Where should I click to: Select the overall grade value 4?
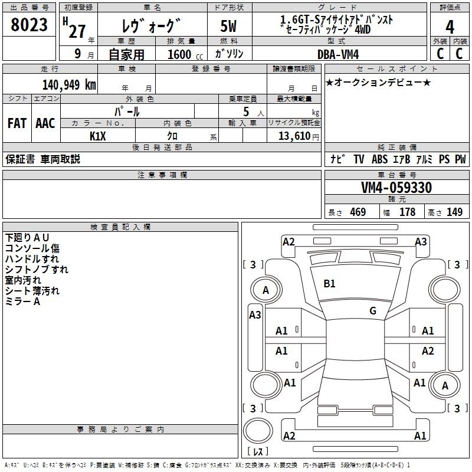click(450, 27)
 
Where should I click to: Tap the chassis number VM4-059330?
click(396, 188)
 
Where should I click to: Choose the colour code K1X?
click(97, 136)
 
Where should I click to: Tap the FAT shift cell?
click(17, 123)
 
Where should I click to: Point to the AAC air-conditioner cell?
click(45, 123)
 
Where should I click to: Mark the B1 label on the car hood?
click(329, 284)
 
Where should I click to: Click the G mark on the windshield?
click(373, 311)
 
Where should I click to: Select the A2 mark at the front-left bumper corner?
click(289, 241)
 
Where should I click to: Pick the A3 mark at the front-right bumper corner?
click(421, 241)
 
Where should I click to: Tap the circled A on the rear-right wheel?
click(445, 385)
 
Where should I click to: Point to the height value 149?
click(454, 212)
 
